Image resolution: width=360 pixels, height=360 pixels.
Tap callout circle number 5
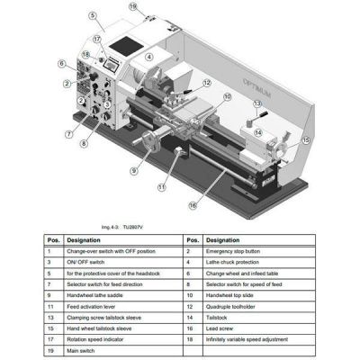(93, 15)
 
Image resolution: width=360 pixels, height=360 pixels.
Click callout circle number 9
(133, 170)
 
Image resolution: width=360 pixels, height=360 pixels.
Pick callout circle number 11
(161, 188)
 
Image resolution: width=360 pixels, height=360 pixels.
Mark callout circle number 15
(305, 140)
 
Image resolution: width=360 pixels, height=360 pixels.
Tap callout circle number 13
(257, 103)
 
